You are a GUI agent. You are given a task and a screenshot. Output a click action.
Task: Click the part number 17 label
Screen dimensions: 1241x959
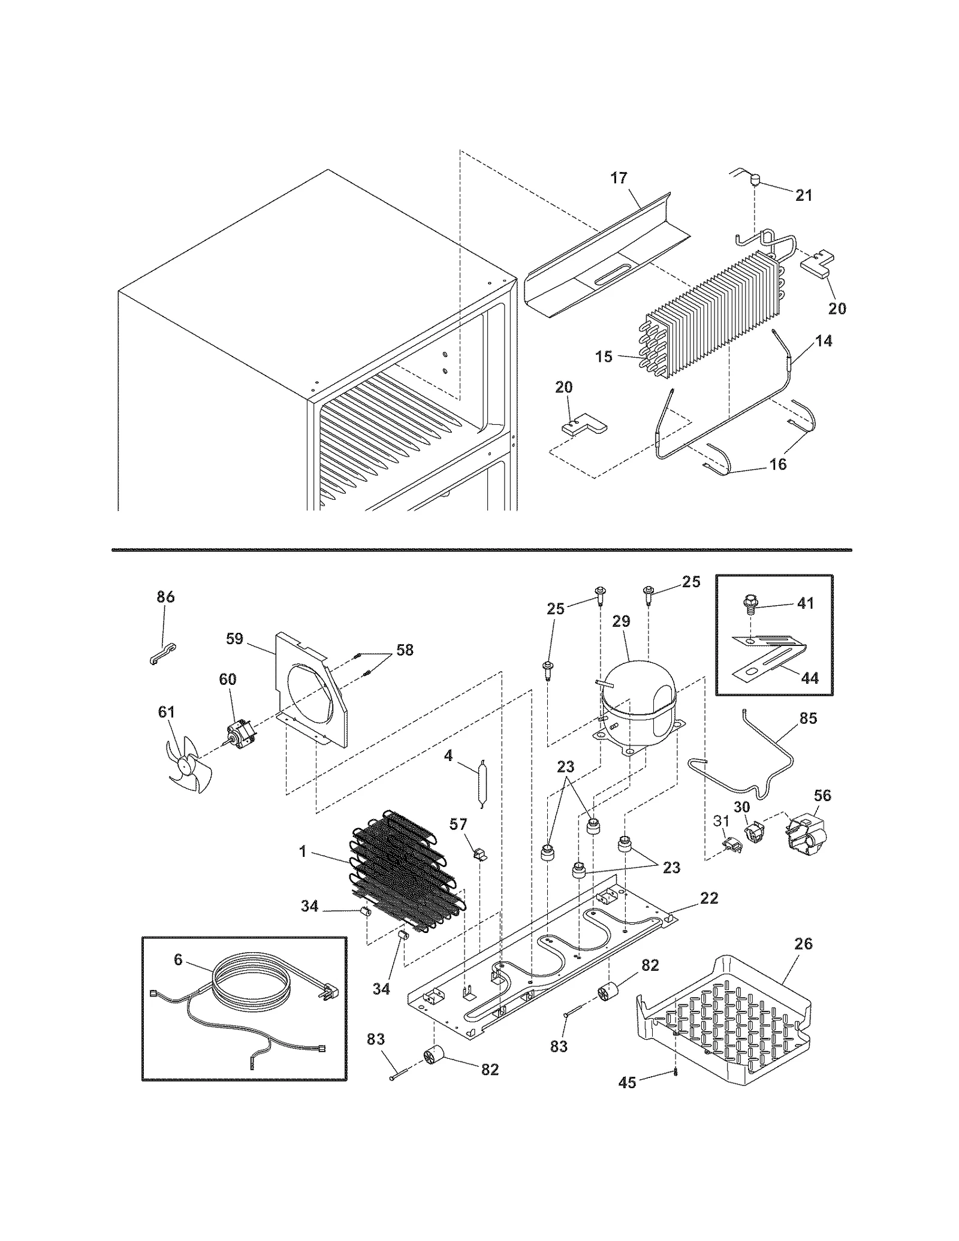click(x=619, y=178)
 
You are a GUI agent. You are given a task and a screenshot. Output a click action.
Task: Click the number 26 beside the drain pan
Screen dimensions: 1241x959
click(x=803, y=944)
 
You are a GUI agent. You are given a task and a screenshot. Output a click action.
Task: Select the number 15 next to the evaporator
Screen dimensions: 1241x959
click(x=604, y=357)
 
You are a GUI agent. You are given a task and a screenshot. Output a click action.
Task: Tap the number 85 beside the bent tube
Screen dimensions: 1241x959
click(x=808, y=718)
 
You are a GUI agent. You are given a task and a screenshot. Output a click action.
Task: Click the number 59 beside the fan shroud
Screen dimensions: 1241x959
click(x=234, y=639)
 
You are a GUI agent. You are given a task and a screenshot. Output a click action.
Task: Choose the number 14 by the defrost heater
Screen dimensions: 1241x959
click(x=824, y=341)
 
